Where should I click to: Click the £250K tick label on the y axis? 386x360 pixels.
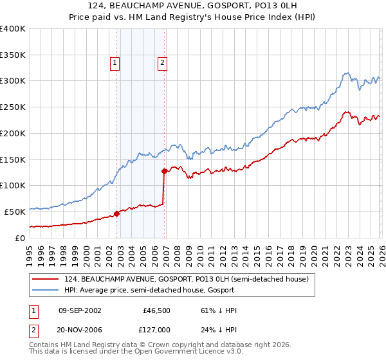coord(12,107)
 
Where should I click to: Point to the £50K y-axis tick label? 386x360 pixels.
coord(14,212)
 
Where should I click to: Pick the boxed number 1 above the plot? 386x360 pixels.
coord(115,62)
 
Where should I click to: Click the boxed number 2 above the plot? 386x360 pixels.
coord(161,62)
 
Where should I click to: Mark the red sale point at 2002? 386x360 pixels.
coord(117,213)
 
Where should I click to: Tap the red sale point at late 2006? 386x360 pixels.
coord(164,171)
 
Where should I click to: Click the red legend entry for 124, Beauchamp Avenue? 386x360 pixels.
coord(187,279)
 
